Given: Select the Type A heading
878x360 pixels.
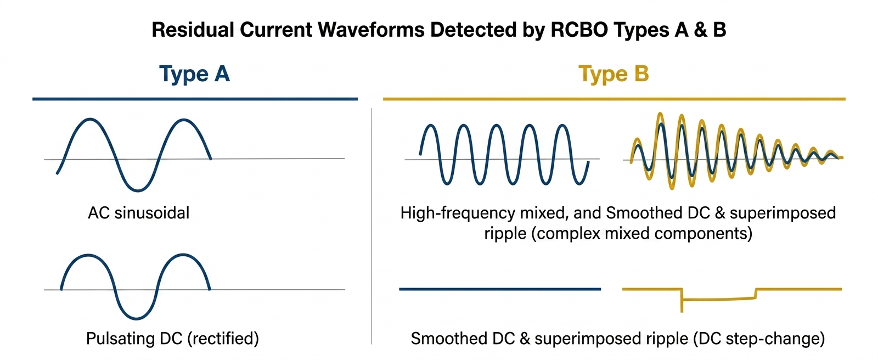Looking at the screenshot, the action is click(x=194, y=74).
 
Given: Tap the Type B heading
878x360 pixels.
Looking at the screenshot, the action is click(x=614, y=74).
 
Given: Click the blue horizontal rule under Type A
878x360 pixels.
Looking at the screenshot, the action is click(x=195, y=99).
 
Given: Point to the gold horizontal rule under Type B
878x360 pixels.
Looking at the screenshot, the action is click(x=614, y=99).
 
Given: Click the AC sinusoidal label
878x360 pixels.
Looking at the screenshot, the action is click(x=139, y=213).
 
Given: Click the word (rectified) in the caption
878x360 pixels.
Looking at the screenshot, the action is click(x=223, y=339).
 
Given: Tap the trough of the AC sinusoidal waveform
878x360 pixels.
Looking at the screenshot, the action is click(x=138, y=190).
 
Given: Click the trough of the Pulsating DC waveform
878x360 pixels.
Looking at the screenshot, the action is click(x=137, y=318).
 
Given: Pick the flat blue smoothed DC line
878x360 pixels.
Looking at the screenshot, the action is click(x=500, y=289).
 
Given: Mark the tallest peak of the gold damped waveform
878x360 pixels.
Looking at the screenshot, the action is click(x=661, y=114).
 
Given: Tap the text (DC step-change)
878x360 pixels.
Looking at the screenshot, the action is click(x=759, y=339).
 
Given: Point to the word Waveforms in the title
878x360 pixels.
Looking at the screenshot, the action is click(x=372, y=30).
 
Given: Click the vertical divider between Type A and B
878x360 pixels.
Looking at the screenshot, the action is click(x=372, y=226).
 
